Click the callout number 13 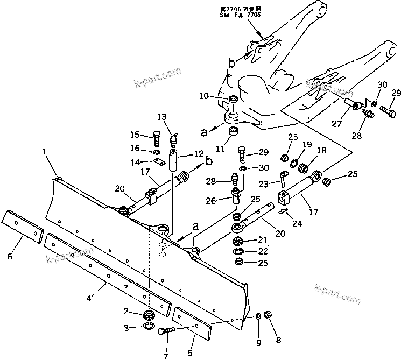[x=162, y=117]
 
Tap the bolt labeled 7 [x=165, y=331]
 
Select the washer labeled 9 [x=258, y=315]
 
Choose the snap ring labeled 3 [x=149, y=325]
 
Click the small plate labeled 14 [x=157, y=162]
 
